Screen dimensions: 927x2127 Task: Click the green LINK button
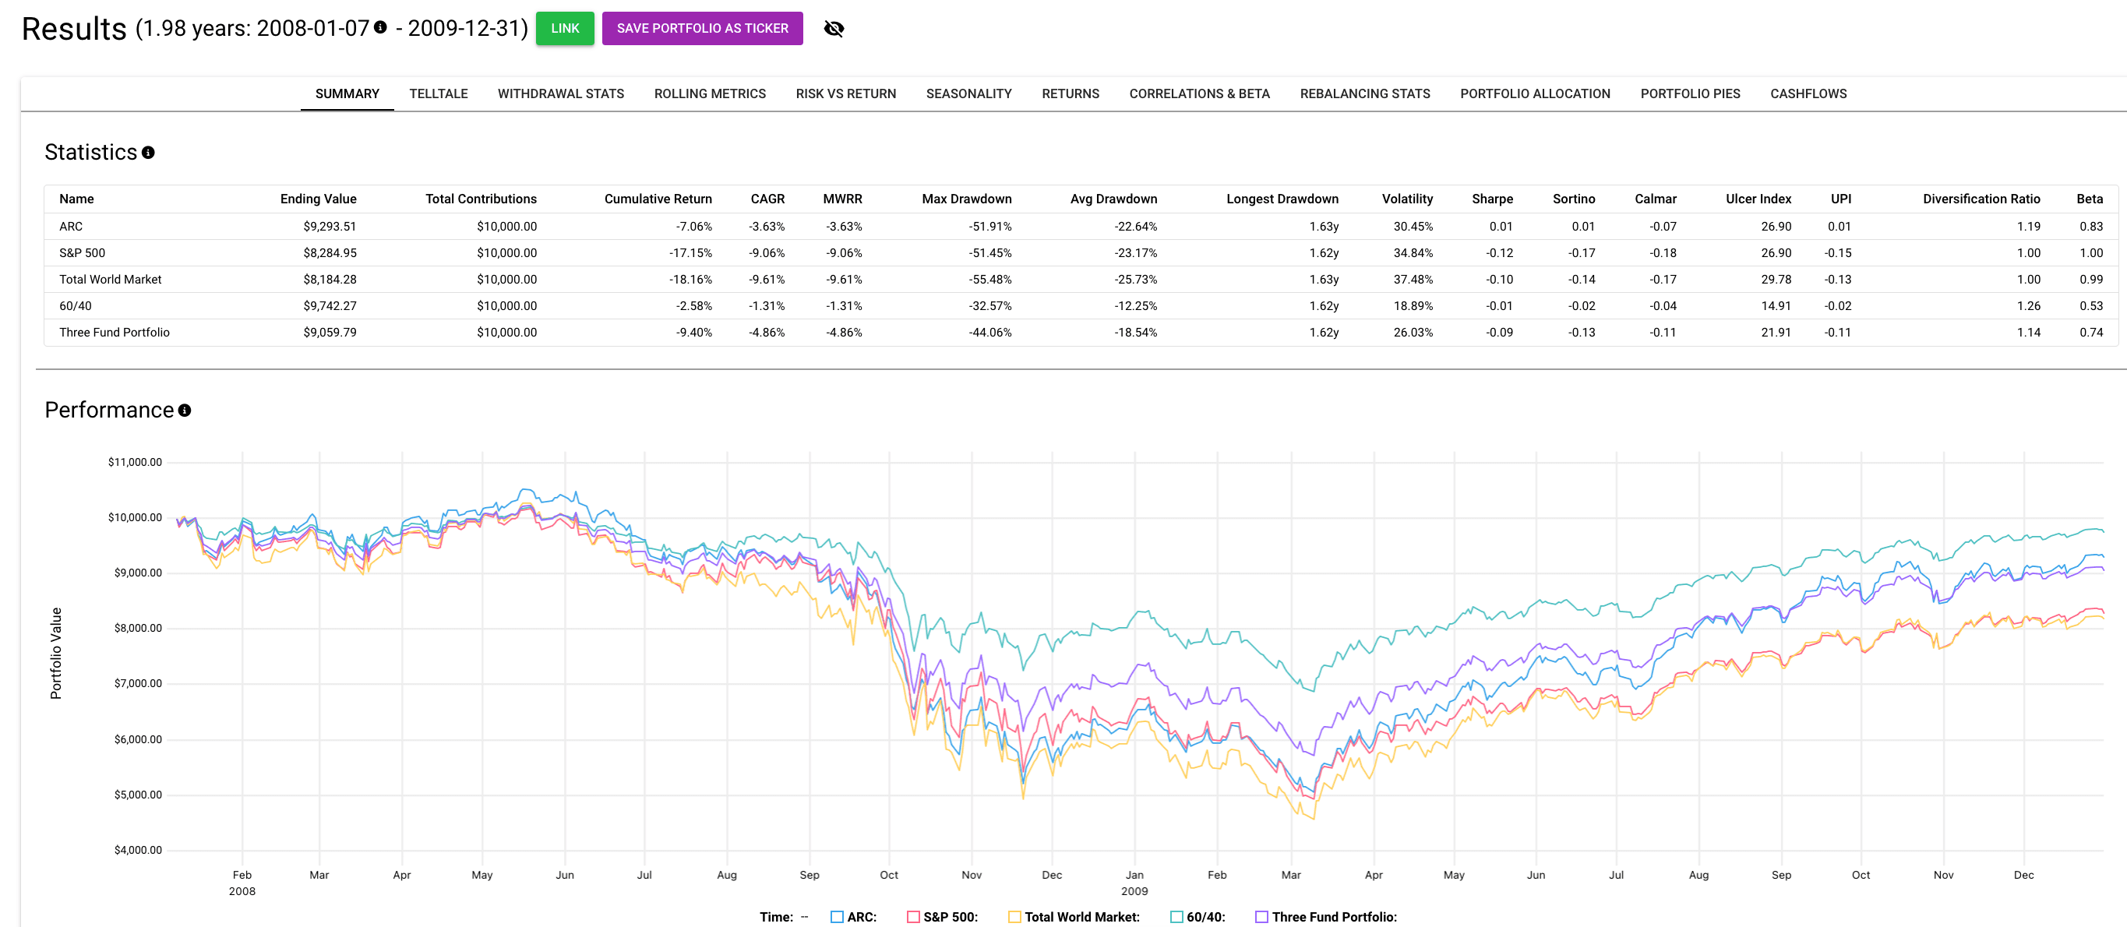tap(565, 28)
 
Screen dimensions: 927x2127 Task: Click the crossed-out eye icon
tap(834, 29)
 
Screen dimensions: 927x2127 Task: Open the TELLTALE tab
tap(439, 93)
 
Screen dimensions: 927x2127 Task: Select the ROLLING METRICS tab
tap(709, 93)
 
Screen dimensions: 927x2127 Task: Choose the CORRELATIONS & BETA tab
tap(1199, 93)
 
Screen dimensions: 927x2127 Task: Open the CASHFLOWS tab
tap(1808, 93)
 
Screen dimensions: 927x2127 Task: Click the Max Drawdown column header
tap(966, 199)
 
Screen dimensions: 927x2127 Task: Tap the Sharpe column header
tap(1491, 199)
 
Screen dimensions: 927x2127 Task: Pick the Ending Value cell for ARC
tap(330, 226)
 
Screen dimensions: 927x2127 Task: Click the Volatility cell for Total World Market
tap(1413, 279)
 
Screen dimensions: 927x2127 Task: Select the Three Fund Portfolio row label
tap(114, 332)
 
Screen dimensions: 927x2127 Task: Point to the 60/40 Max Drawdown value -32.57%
tap(989, 305)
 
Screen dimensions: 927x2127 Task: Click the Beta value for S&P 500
tap(2090, 252)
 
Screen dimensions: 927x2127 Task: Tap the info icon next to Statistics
tap(149, 153)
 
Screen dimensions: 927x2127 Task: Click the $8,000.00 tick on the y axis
tap(138, 628)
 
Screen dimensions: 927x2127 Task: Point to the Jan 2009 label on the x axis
tap(1134, 882)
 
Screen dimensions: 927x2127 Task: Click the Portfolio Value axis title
tap(56, 653)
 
